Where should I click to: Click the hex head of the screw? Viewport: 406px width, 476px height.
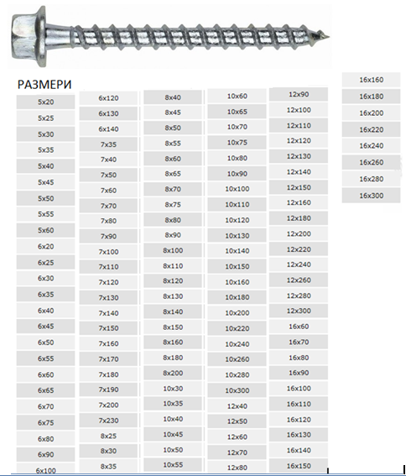point(29,36)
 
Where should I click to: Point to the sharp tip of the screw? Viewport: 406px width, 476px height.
point(329,37)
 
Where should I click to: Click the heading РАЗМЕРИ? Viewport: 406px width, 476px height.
point(44,85)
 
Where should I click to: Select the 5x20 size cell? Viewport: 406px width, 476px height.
point(45,102)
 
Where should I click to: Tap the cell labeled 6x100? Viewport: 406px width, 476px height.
point(45,470)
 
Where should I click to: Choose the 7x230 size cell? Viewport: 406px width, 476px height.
point(108,421)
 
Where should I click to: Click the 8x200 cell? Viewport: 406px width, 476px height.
point(173,373)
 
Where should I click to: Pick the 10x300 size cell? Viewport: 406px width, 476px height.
point(237,390)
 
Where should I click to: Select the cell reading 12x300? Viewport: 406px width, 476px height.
point(299,311)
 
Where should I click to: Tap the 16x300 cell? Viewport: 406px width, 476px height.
point(371,196)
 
